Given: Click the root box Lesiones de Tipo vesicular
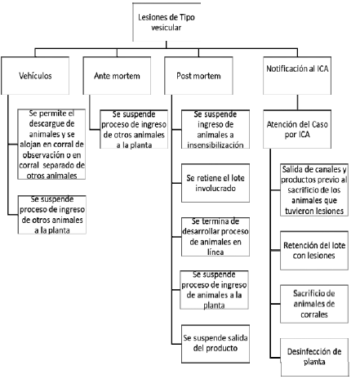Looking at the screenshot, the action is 167,22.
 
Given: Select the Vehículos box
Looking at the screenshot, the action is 35,75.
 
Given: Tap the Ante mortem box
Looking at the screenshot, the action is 117,75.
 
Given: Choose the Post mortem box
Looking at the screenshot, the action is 198,75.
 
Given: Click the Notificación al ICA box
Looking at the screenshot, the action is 297,75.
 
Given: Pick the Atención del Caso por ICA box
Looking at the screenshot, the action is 297,129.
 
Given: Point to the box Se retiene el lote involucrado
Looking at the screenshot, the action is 216,183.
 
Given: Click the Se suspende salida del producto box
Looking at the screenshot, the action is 216,344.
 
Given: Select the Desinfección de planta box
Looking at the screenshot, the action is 314,357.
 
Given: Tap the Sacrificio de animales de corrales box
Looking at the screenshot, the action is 314,304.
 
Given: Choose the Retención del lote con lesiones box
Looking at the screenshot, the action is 314,251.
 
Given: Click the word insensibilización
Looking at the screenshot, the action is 216,145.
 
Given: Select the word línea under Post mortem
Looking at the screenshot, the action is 216,252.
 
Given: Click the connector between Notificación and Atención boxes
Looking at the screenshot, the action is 297,102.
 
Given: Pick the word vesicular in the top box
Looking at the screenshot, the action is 167,28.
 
